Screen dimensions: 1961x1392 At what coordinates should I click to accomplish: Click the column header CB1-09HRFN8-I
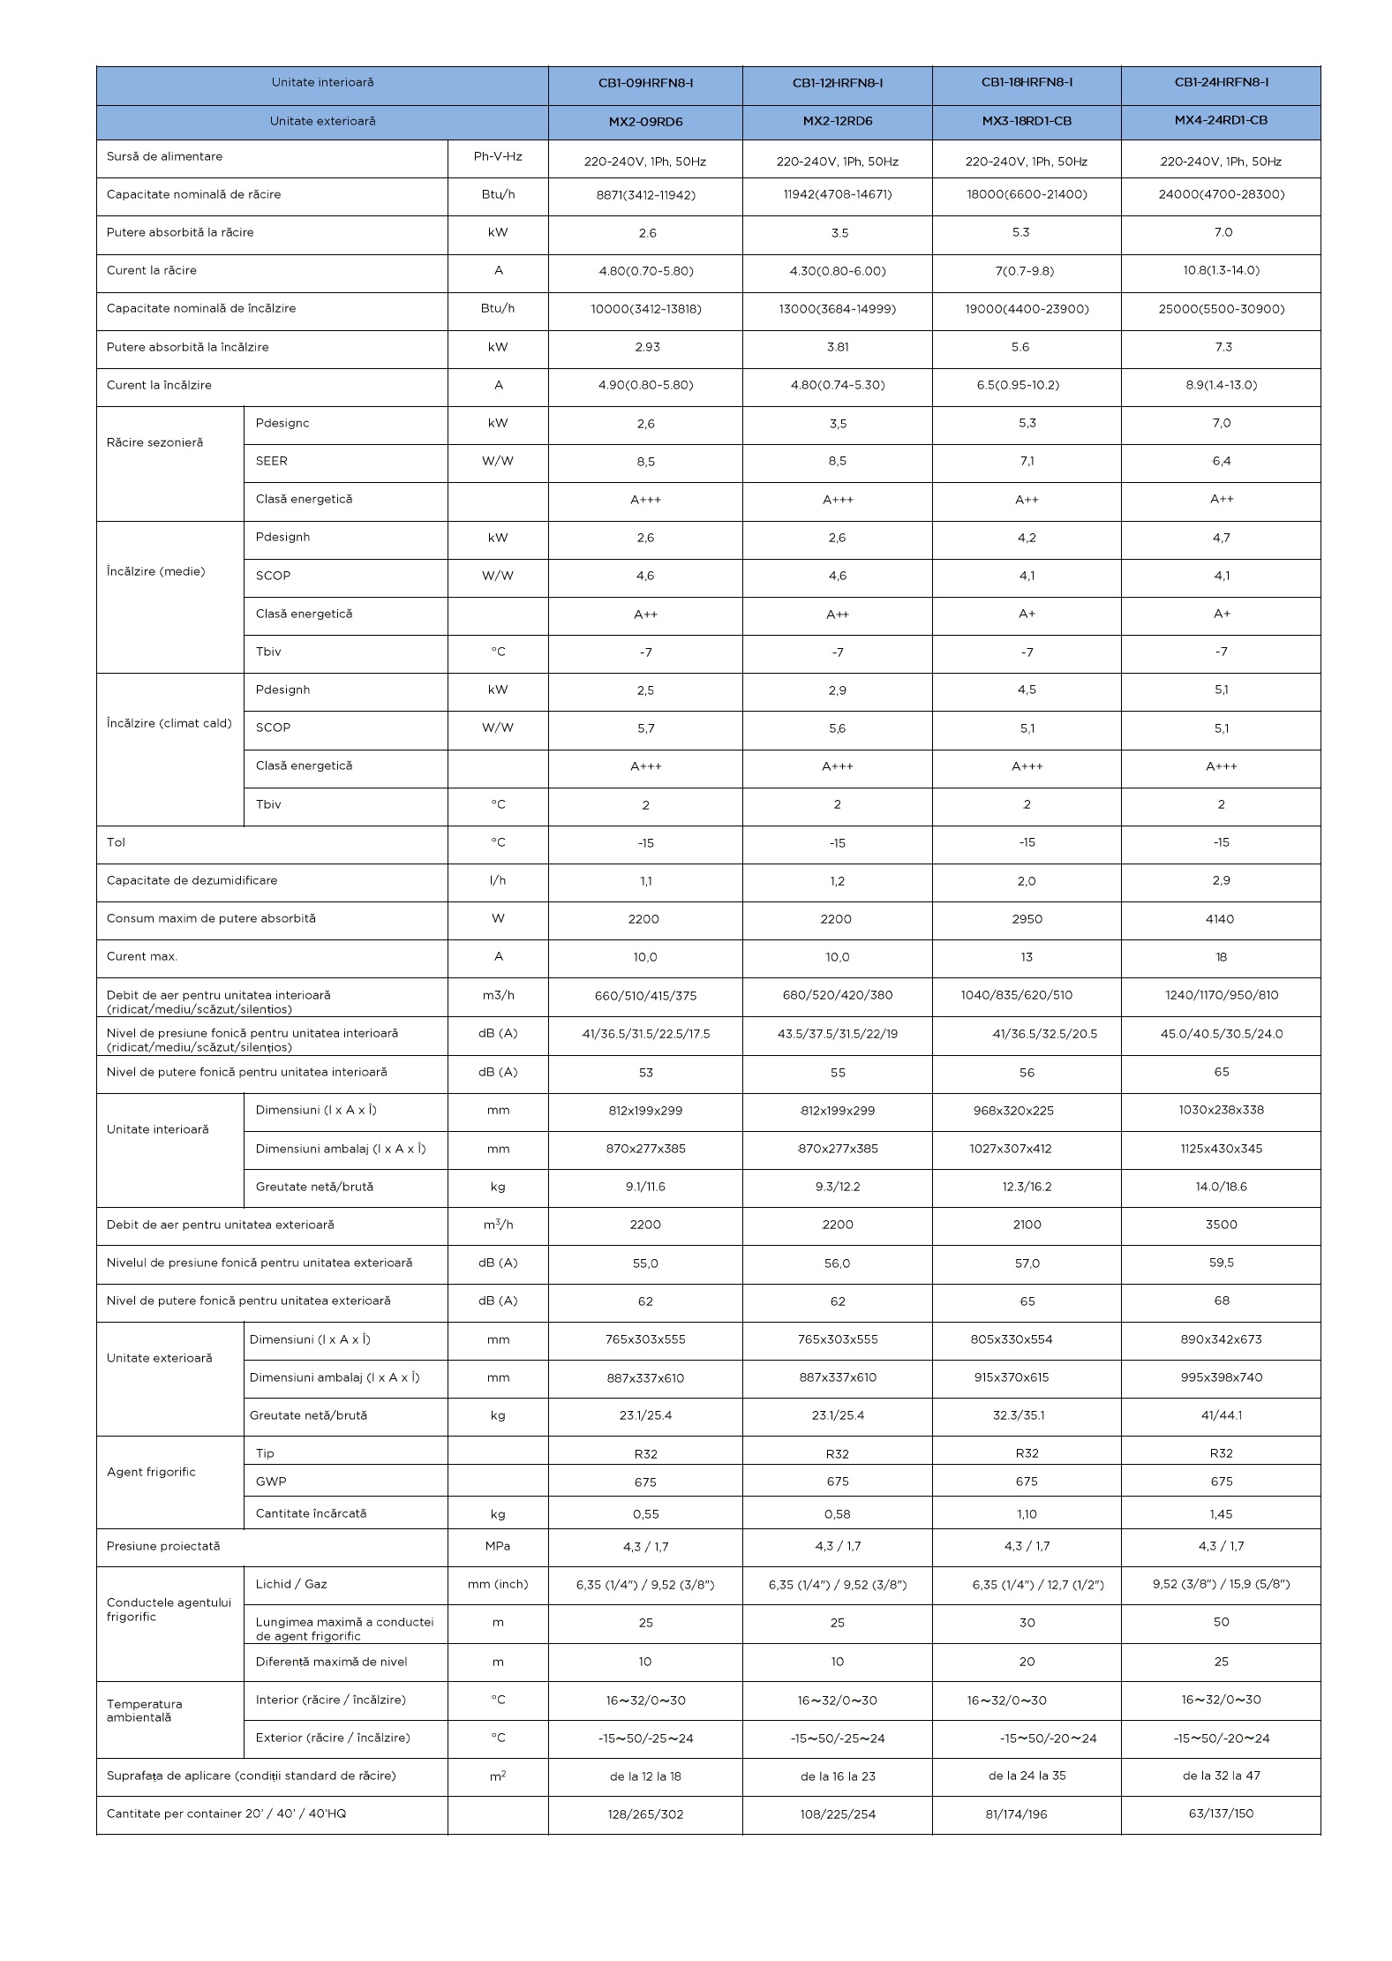[x=645, y=83]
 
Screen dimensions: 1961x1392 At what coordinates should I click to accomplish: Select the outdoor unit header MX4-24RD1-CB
[x=1221, y=120]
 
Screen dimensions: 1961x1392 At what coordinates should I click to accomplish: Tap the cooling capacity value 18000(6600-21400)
[x=1027, y=194]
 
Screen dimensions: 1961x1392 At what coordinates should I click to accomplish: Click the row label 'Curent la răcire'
[x=152, y=270]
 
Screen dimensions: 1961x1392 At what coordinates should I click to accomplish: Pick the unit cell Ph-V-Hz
[x=498, y=156]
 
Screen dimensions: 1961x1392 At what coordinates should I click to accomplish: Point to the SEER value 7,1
[x=1027, y=462]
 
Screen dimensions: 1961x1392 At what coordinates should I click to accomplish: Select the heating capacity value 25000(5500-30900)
[x=1221, y=309]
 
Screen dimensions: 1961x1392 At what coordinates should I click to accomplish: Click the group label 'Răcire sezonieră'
[x=154, y=442]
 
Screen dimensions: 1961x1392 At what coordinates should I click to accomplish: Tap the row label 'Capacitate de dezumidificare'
[x=192, y=880]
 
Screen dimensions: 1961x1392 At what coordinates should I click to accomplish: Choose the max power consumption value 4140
[x=1220, y=919]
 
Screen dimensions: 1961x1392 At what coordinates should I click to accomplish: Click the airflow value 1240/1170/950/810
[x=1221, y=995]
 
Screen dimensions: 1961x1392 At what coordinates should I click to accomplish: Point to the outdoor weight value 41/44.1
[x=1221, y=1415]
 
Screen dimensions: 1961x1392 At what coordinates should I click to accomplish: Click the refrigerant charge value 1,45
[x=1221, y=1514]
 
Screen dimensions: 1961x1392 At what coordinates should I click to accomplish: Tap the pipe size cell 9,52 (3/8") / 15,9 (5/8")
[x=1221, y=1584]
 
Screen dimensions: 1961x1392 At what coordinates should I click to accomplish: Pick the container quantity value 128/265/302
[x=645, y=1814]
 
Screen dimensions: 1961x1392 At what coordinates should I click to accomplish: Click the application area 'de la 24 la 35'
[x=1027, y=1776]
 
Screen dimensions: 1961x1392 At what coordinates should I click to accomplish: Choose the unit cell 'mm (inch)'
[x=498, y=1584]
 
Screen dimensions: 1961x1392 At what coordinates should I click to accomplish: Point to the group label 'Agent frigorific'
[x=151, y=1472]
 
